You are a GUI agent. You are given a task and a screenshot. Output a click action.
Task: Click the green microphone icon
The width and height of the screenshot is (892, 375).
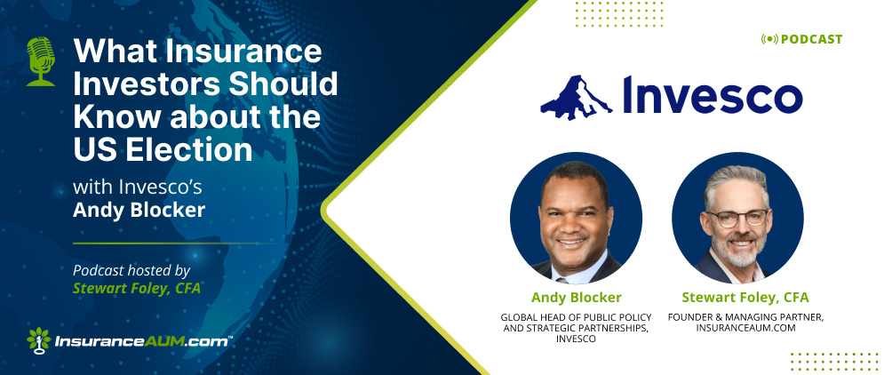tap(41, 61)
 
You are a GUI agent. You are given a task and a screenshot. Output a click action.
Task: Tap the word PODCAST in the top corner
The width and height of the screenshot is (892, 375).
tap(811, 39)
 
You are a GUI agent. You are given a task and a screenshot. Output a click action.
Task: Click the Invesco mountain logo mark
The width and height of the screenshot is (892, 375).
tap(577, 98)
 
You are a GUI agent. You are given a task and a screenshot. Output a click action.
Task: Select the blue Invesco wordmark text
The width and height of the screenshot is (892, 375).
tap(713, 94)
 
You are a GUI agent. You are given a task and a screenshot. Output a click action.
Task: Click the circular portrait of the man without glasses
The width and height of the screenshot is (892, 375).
tap(576, 218)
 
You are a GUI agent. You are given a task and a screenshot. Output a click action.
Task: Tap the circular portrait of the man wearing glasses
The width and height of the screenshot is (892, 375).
tap(737, 218)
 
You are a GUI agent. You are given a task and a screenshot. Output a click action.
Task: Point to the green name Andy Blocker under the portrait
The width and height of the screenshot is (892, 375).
tap(577, 297)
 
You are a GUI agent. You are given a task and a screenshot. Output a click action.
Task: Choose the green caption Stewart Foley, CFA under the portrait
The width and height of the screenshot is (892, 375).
tap(745, 297)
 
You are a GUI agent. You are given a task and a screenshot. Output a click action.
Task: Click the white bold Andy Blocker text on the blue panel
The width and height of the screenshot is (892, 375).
tap(139, 211)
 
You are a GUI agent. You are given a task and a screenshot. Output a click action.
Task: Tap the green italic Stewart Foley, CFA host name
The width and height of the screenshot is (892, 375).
tap(137, 289)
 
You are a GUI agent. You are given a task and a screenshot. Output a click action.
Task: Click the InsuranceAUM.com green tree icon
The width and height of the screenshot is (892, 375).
tap(39, 341)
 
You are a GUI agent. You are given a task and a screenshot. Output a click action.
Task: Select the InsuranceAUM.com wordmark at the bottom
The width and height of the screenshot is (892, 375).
tap(143, 342)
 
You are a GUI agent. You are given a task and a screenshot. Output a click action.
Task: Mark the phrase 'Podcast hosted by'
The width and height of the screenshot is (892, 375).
tap(131, 270)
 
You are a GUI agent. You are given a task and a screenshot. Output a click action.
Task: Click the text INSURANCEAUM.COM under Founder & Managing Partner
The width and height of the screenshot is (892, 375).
tap(745, 328)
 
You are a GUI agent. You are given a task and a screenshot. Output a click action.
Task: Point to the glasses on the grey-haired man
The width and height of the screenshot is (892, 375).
tap(737, 218)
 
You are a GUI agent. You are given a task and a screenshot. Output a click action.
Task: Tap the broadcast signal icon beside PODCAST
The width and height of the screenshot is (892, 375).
tap(769, 39)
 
